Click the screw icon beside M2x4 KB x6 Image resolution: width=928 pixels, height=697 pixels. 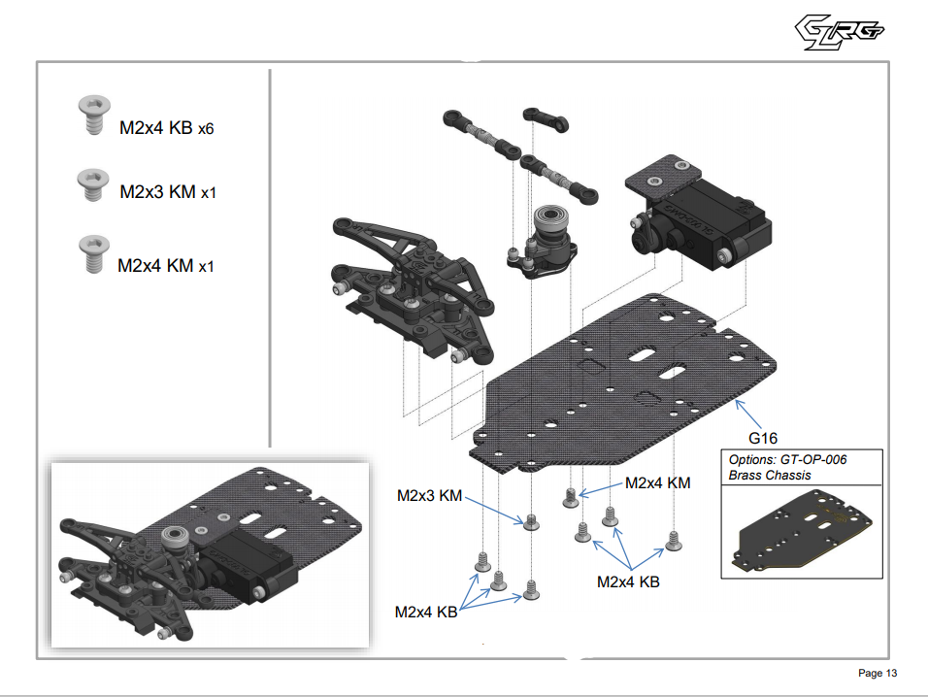(92, 116)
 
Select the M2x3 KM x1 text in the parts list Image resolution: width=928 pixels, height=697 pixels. (167, 192)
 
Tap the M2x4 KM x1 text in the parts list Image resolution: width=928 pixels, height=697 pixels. (165, 264)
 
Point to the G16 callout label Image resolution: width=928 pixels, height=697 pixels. (763, 438)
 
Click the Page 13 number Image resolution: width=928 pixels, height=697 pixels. (878, 673)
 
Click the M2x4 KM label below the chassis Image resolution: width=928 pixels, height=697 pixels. (657, 482)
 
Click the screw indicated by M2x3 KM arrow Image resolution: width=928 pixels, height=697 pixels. (530, 523)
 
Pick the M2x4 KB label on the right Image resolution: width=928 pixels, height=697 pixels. (628, 581)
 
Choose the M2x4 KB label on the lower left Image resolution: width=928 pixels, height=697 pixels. (425, 613)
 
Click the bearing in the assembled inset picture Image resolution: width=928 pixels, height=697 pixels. (176, 535)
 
